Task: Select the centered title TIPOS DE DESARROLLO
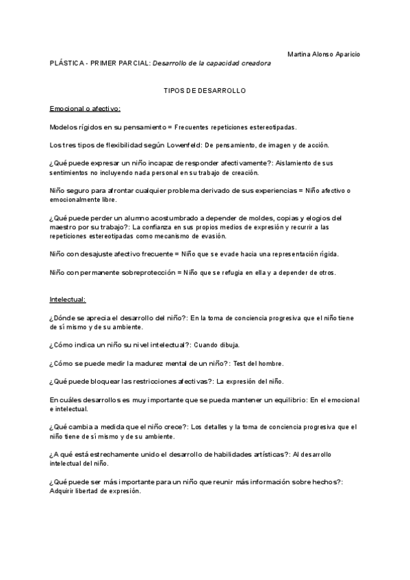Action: (x=205, y=90)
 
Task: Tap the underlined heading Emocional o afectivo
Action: (x=85, y=109)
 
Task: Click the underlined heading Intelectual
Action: (x=68, y=300)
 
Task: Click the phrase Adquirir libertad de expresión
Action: (x=95, y=490)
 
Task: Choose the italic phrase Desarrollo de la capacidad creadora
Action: (x=212, y=63)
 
